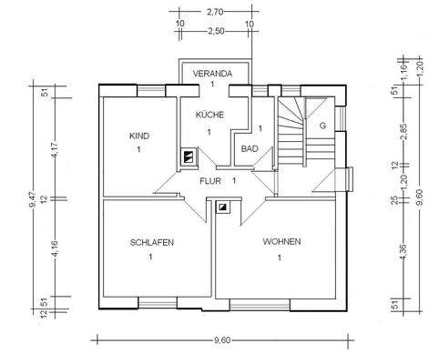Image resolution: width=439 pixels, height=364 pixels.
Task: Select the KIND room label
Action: click(x=138, y=136)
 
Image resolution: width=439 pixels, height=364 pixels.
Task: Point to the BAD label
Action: click(x=248, y=148)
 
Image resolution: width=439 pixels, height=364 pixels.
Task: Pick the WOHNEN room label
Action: click(x=281, y=241)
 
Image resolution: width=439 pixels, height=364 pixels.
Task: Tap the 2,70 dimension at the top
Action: click(x=215, y=12)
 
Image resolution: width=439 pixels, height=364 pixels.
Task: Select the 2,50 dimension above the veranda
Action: click(x=215, y=32)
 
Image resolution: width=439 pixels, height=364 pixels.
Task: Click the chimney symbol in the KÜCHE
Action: click(x=188, y=157)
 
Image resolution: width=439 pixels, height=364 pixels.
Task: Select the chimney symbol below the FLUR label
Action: click(x=221, y=206)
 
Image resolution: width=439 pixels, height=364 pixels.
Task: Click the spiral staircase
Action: click(x=293, y=136)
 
